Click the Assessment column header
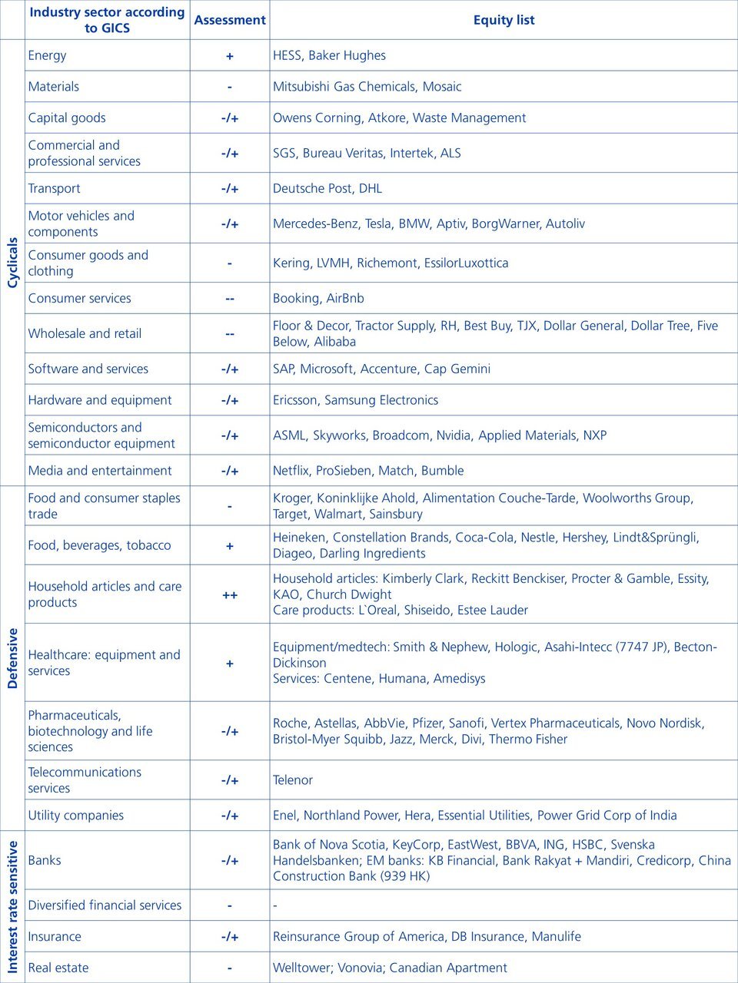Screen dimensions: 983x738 point(230,20)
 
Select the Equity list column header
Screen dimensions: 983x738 point(504,20)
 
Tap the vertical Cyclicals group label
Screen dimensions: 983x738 point(12,263)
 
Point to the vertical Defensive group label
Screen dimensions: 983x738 point(12,658)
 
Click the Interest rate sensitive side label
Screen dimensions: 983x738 point(12,907)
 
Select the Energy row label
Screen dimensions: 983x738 point(48,55)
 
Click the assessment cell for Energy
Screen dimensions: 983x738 point(230,56)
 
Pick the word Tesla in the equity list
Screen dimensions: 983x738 point(378,223)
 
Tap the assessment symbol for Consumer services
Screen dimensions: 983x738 point(230,299)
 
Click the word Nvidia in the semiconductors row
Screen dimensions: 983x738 point(454,435)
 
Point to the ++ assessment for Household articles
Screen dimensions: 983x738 point(230,595)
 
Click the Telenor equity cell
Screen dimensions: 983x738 point(293,780)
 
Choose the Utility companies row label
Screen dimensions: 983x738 point(76,816)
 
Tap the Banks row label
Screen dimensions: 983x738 point(45,860)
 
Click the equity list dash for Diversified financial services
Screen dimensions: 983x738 point(275,905)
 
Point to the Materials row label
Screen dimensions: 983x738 point(54,87)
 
